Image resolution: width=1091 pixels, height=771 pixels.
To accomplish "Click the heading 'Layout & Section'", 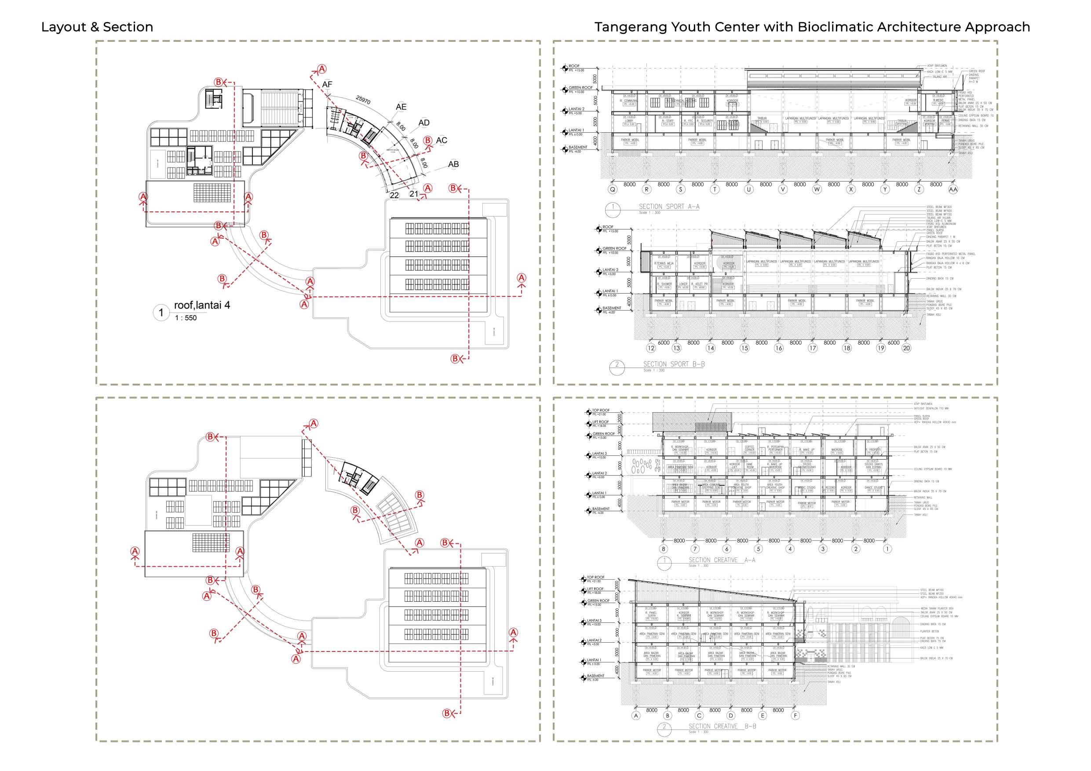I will click(97, 27).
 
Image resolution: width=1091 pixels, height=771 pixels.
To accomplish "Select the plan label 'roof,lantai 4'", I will click(202, 305).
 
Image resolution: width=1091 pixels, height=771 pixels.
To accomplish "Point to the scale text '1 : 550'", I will click(186, 318).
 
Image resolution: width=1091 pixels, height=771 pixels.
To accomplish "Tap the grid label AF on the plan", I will click(327, 84).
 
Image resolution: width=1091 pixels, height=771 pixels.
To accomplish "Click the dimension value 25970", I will click(363, 100).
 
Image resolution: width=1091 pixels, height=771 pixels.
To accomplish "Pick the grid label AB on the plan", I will click(453, 164).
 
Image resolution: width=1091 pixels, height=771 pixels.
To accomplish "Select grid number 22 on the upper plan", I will click(394, 195).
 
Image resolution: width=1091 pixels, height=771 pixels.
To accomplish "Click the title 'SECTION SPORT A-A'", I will click(668, 207).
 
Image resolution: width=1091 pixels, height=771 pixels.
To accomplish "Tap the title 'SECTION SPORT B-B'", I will click(674, 364).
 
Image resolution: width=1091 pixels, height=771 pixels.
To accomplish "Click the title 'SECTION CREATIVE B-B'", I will click(722, 726).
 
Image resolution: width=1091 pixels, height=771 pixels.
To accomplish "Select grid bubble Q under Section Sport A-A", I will click(613, 189).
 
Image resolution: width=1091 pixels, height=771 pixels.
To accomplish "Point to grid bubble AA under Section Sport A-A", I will click(953, 189).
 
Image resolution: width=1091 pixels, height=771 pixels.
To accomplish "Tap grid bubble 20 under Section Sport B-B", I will click(906, 348).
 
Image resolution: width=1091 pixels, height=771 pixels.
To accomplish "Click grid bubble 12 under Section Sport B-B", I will click(650, 348).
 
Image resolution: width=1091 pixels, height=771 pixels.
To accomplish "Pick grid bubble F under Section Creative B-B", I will click(795, 716).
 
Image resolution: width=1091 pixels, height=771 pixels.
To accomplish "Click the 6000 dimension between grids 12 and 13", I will click(663, 342).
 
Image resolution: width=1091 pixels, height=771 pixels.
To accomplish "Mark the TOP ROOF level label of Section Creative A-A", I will click(601, 411).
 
